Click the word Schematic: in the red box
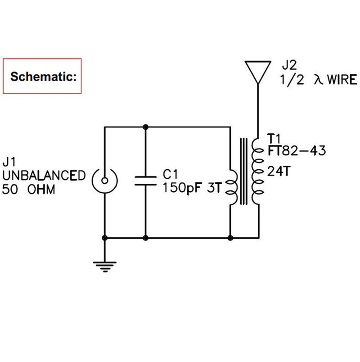tap(42, 77)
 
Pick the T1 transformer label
tap(273, 137)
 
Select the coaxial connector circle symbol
tap(104, 181)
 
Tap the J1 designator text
tap(10, 161)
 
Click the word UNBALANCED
tap(43, 176)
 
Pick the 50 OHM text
tap(29, 190)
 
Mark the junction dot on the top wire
tap(145, 127)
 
